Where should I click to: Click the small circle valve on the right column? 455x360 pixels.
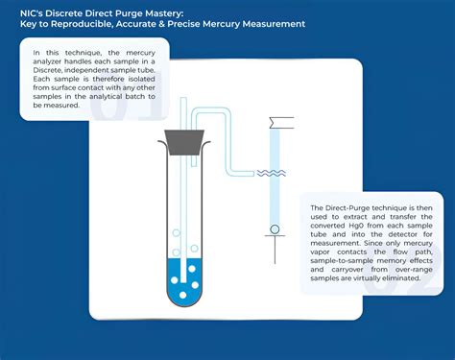(275, 229)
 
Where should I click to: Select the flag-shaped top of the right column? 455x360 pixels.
(281, 122)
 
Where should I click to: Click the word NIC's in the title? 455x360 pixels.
(34, 11)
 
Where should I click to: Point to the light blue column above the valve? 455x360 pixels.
(275, 178)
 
